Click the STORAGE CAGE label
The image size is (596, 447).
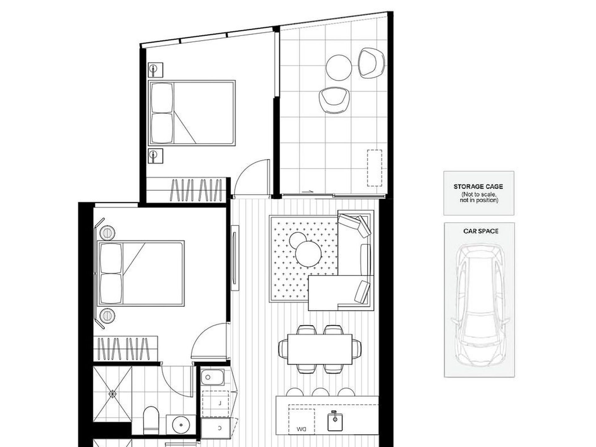click(478, 187)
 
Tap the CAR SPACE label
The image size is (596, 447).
click(481, 231)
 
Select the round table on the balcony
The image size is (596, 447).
click(339, 68)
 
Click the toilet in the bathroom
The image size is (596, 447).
click(151, 419)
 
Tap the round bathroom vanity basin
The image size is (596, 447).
click(181, 425)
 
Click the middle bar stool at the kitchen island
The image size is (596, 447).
click(320, 392)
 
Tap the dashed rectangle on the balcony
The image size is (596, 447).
click(375, 168)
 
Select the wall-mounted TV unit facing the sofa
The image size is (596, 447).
click(235, 258)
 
